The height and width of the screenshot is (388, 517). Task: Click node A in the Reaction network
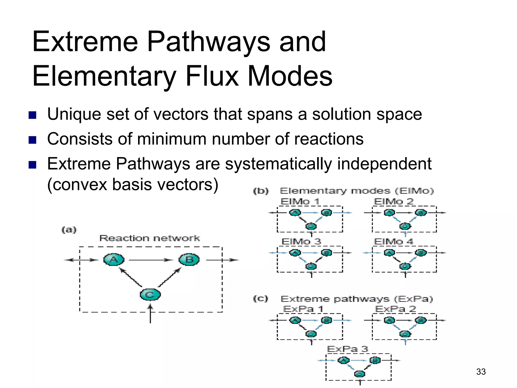point(114,259)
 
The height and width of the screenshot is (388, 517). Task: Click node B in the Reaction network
point(189,259)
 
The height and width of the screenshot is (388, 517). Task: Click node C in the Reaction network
point(150,295)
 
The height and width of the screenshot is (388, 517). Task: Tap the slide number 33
point(481,372)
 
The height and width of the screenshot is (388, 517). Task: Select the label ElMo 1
point(300,202)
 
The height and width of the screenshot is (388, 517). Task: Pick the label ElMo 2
point(394,202)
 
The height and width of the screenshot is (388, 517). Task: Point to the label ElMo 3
point(301,241)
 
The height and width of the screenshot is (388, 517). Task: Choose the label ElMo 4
point(394,241)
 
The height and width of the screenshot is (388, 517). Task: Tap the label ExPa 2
point(395,309)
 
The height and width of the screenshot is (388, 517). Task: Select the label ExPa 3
point(348,349)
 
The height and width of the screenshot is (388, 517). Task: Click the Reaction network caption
point(149,238)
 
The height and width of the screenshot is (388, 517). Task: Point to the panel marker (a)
point(69,230)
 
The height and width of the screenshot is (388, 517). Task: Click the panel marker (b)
point(261,191)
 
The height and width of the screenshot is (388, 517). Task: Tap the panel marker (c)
point(261,299)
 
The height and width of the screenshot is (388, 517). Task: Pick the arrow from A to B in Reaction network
point(151,260)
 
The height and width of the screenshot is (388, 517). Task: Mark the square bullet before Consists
point(33,140)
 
